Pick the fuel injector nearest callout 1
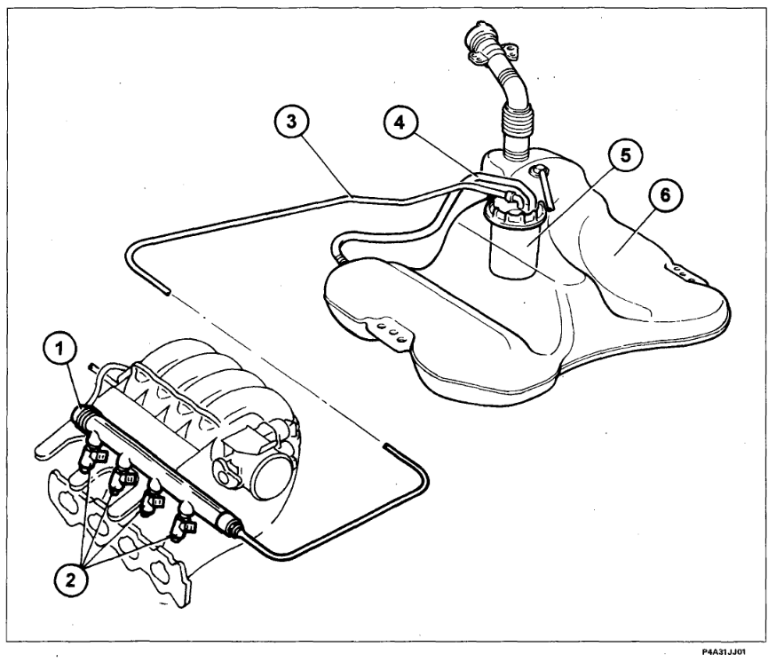tap(93, 456)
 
